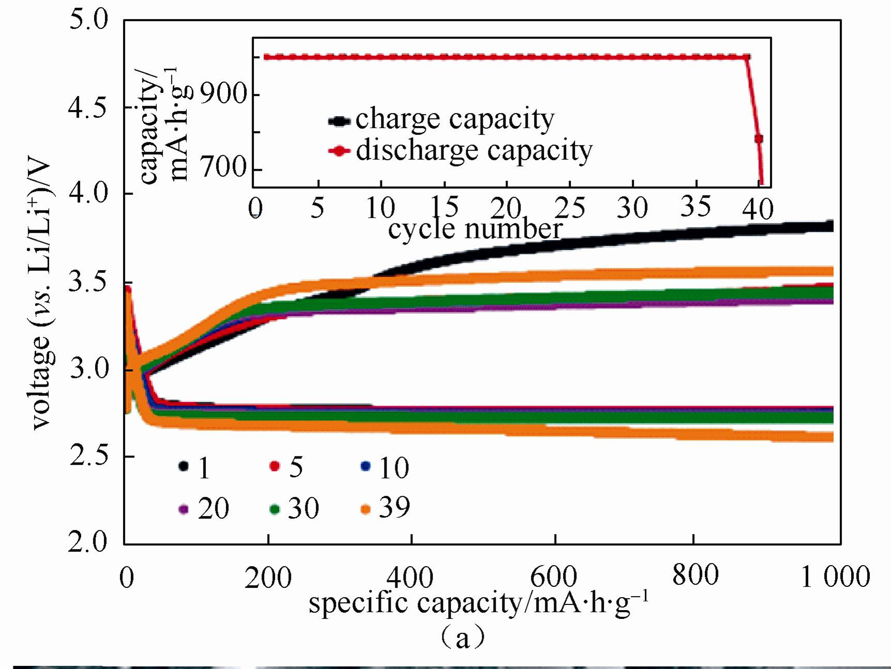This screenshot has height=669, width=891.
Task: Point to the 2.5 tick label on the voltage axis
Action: click(88, 455)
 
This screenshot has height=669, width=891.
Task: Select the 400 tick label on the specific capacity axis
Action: click(410, 577)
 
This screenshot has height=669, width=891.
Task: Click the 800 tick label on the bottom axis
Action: click(695, 575)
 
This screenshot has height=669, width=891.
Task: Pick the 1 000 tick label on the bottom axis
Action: click(835, 576)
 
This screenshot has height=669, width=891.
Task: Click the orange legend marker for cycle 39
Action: click(366, 509)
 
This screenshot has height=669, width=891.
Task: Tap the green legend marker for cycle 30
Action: click(275, 510)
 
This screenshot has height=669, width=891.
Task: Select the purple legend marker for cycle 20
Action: click(183, 510)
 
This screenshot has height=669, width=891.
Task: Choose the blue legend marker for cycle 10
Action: click(365, 466)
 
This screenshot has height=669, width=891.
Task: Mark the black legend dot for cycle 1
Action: click(183, 466)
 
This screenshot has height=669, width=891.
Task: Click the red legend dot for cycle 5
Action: click(275, 466)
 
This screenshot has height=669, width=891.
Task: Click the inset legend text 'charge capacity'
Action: click(454, 120)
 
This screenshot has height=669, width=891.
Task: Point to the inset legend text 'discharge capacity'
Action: click(474, 151)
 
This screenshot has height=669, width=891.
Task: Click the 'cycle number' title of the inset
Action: click(475, 229)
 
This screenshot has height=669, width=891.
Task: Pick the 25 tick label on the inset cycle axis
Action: click(570, 208)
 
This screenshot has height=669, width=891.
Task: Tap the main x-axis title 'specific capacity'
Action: click(479, 603)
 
